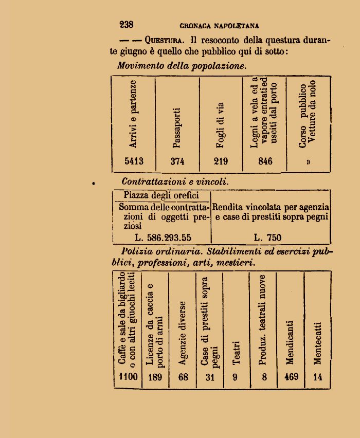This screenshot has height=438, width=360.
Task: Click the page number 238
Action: (126, 25)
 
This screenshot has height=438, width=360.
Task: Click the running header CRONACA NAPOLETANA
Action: (219, 26)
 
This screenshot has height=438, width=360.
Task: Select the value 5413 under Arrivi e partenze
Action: (134, 161)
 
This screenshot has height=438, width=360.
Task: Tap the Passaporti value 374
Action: (177, 161)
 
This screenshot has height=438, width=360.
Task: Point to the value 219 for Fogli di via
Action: (221, 161)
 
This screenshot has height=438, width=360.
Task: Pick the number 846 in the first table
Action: (265, 161)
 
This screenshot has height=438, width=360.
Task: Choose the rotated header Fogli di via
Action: (221, 126)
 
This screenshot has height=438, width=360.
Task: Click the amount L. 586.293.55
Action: (163, 238)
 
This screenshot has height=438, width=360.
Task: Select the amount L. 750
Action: (268, 238)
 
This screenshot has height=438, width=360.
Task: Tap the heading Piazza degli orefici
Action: (160, 196)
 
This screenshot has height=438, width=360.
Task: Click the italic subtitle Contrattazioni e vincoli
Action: (175, 182)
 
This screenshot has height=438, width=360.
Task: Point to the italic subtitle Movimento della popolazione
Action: (182, 66)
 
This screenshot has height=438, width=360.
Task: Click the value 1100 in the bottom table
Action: (128, 377)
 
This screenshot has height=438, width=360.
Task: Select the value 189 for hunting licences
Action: (155, 377)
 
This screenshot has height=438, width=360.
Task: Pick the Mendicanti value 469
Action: (291, 377)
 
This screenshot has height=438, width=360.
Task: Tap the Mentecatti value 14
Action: (317, 377)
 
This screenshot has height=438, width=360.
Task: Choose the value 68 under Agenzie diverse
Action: (183, 377)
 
